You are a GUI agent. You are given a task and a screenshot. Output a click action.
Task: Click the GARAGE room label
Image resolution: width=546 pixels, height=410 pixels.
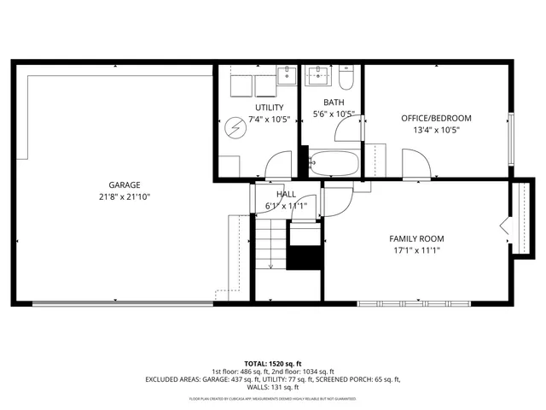pos(124,184)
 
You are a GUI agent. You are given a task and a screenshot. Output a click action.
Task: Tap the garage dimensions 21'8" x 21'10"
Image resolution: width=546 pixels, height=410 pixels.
pos(124,197)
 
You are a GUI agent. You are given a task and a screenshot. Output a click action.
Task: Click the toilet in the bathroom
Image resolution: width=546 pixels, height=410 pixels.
pos(346,79)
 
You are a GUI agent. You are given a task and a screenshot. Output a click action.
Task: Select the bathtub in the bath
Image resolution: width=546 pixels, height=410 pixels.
pos(332,162)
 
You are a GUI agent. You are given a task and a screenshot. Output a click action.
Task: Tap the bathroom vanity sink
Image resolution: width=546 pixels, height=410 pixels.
pos(319,76)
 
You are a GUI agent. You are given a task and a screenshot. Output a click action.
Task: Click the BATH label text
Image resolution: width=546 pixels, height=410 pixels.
pos(333,102)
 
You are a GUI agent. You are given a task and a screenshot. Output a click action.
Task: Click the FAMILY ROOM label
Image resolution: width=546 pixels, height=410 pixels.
pos(416,238)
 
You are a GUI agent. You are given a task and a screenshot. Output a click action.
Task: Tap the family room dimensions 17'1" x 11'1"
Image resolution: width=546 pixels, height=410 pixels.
pos(416,251)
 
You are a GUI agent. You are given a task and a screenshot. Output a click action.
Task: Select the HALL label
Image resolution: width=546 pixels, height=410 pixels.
pos(274,194)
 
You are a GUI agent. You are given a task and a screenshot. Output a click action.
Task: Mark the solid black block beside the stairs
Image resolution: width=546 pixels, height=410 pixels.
pos(305,256)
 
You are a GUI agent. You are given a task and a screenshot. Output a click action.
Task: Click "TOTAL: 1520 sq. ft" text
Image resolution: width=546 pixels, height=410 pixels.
pos(273,362)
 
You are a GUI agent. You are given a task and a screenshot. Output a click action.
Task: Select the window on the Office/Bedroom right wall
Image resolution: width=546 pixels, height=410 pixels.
pos(511,136)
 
